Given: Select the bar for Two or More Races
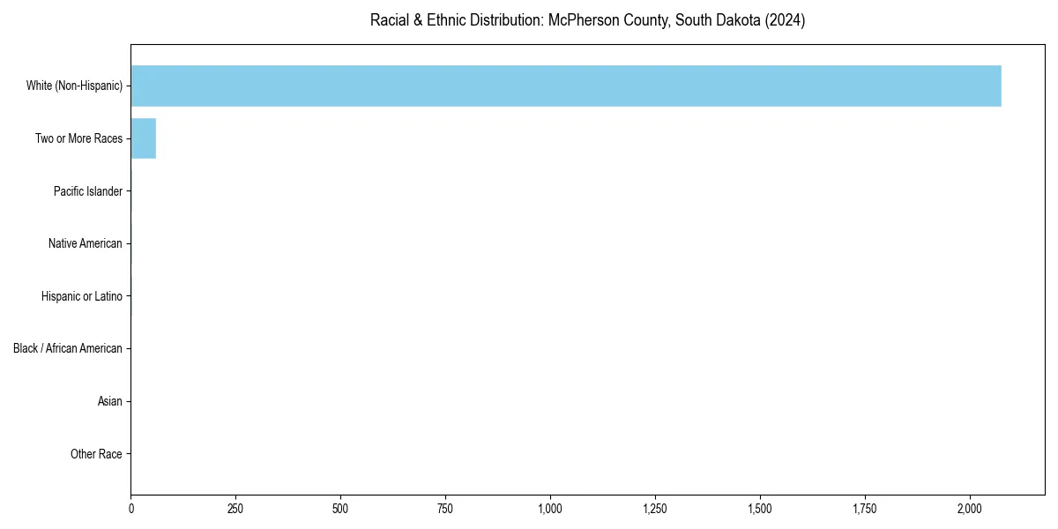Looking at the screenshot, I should pyautogui.click(x=143, y=138).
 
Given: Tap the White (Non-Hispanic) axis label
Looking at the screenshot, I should pyautogui.click(x=74, y=86).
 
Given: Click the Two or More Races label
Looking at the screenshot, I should pyautogui.click(x=78, y=138).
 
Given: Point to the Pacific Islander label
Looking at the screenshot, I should pyautogui.click(x=87, y=191).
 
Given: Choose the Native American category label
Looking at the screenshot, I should pyautogui.click(x=85, y=243).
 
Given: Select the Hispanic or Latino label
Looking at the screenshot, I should pyautogui.click(x=81, y=296).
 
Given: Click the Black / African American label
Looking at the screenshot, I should pyautogui.click(x=67, y=348).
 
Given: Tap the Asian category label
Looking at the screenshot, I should pyautogui.click(x=109, y=401).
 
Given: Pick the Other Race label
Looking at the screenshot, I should pyautogui.click(x=96, y=454).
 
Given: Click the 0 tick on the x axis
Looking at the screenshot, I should pyautogui.click(x=131, y=509).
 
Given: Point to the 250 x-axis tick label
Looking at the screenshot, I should pyautogui.click(x=235, y=509).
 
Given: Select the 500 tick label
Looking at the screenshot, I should pyautogui.click(x=340, y=509).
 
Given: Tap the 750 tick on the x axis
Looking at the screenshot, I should pyautogui.click(x=445, y=509).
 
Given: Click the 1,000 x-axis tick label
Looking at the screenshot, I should pyautogui.click(x=550, y=509).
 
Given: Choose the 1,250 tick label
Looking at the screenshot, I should pyautogui.click(x=655, y=509).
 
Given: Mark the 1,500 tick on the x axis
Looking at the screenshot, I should pyautogui.click(x=760, y=509).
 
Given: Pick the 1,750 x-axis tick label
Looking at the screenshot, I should pyautogui.click(x=865, y=509).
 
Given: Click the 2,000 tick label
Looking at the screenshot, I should pyautogui.click(x=970, y=509).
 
